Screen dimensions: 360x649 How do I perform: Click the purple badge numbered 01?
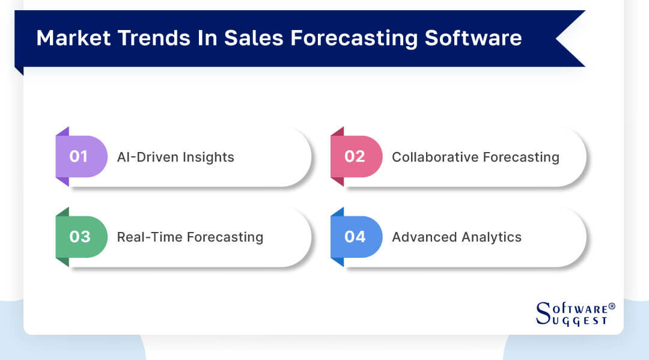click(79, 157)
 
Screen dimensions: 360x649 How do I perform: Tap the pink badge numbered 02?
click(355, 157)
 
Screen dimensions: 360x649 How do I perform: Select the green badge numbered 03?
click(79, 237)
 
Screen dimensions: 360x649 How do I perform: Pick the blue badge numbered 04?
click(355, 237)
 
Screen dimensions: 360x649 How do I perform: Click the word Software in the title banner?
click(474, 38)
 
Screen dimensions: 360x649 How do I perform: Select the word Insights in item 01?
click(208, 157)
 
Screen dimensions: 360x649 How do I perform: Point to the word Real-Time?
click(150, 237)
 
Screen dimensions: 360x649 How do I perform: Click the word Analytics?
click(490, 237)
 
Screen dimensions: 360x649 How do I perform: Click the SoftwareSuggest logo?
click(574, 313)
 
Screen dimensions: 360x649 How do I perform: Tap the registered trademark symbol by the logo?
click(612, 307)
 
